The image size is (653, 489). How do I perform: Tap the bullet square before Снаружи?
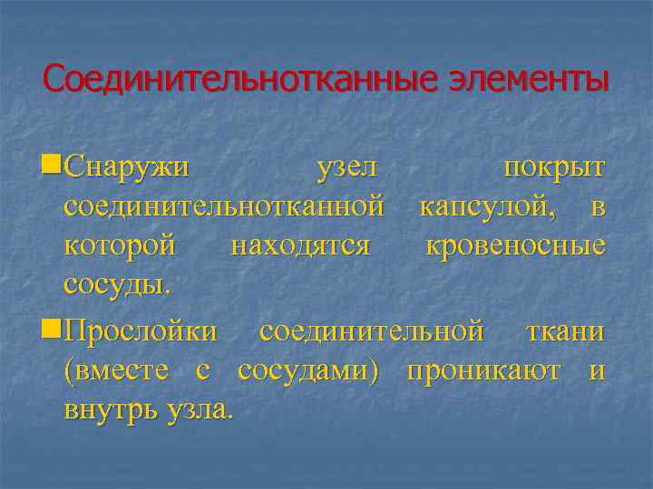51,167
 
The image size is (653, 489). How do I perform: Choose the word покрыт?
554,168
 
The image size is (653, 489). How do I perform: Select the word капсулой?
495,207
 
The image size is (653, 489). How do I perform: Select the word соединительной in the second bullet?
372,331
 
